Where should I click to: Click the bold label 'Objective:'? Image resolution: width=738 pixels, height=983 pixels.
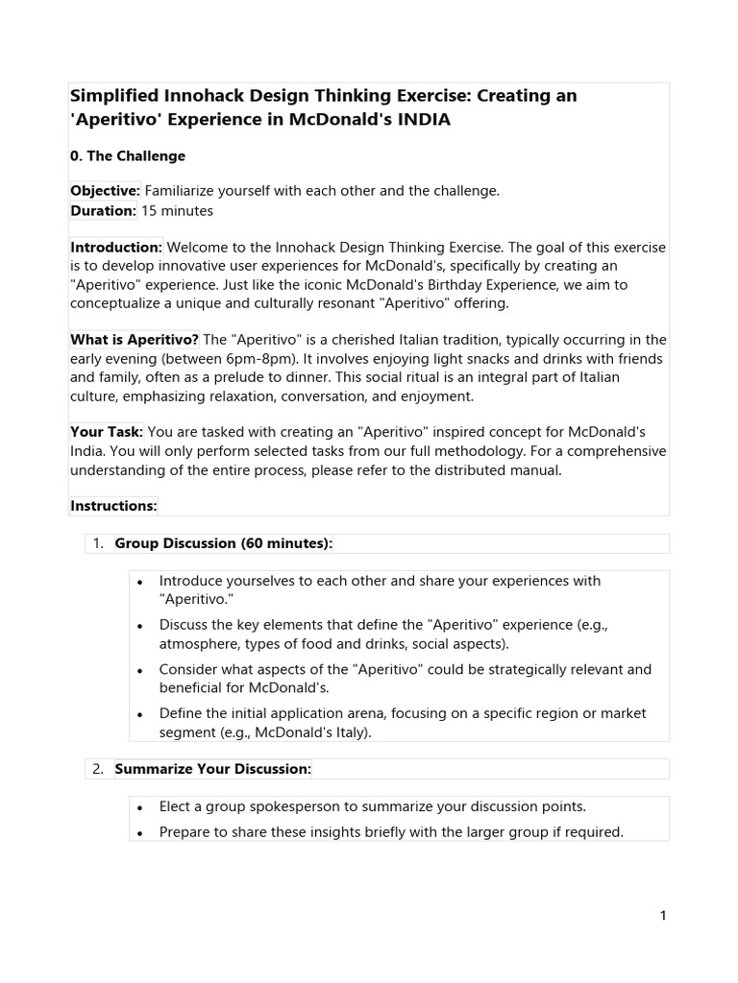(x=106, y=191)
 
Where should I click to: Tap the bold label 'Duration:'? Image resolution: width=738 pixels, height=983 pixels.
(x=104, y=210)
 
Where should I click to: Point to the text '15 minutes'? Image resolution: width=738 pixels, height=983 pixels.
(x=178, y=210)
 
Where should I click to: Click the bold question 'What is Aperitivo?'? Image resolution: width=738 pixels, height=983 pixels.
(x=135, y=340)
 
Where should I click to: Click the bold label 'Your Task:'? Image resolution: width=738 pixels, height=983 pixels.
(x=107, y=432)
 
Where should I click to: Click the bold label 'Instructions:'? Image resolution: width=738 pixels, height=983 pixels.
(x=113, y=506)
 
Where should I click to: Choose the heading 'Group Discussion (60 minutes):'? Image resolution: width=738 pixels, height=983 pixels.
(x=223, y=543)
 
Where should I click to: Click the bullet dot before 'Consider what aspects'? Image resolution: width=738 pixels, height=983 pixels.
(x=140, y=670)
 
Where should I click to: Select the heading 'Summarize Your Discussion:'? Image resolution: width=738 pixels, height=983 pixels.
(x=213, y=769)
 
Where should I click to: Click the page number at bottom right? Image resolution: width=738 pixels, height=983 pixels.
(x=663, y=916)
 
